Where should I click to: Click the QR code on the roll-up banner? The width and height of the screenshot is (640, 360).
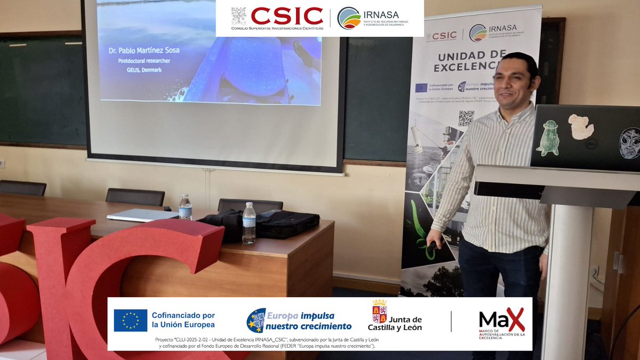(x=466, y=118)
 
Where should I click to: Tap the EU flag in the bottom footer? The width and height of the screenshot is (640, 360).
(x=130, y=321)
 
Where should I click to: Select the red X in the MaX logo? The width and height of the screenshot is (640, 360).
(x=514, y=319)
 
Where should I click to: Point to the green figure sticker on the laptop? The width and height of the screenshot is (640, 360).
(x=548, y=138)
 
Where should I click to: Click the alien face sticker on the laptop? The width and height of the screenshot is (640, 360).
(x=629, y=142)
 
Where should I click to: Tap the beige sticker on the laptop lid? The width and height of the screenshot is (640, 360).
(x=581, y=126)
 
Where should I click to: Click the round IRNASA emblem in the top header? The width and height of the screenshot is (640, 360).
(x=349, y=18)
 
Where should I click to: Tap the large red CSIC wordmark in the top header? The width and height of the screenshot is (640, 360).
(x=287, y=16)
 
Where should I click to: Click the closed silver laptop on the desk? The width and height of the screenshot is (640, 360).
(x=142, y=215)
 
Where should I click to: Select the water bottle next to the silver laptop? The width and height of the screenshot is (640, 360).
(x=185, y=207)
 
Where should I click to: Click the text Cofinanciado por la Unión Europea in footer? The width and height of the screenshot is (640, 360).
(x=183, y=320)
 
